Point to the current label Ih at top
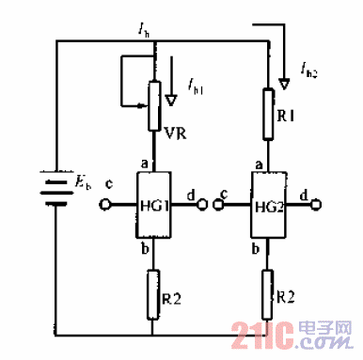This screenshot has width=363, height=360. point(143,33)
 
